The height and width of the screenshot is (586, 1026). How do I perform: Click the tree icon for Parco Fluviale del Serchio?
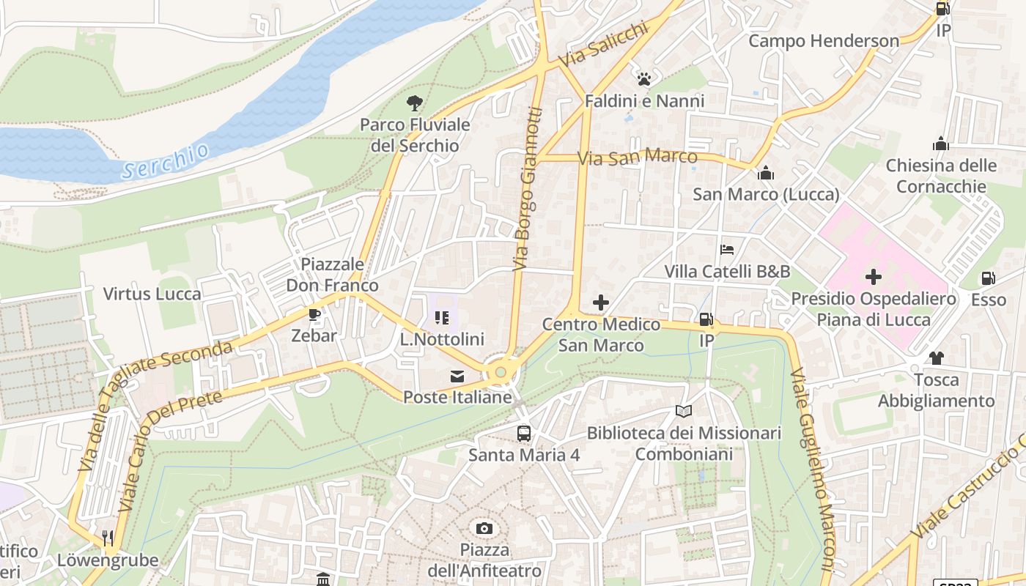click(x=415, y=103)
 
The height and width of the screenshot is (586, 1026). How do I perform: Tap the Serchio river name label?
click(x=166, y=161)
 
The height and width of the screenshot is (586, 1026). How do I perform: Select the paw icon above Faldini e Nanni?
click(x=644, y=78)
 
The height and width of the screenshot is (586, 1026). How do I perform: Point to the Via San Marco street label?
click(x=637, y=157)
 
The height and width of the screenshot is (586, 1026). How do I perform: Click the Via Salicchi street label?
click(x=603, y=44)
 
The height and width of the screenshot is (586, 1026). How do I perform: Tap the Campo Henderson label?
click(x=823, y=41)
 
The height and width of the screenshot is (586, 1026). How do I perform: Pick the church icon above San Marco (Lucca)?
click(x=766, y=173)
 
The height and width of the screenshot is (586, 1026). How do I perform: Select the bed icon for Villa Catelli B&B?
click(x=727, y=250)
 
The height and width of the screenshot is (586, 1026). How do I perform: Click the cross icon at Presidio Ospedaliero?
click(x=873, y=277)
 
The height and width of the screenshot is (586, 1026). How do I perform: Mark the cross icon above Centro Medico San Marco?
click(x=601, y=302)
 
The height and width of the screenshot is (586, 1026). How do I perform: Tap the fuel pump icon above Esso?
click(x=988, y=278)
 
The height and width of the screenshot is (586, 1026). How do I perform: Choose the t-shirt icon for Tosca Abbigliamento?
click(x=936, y=358)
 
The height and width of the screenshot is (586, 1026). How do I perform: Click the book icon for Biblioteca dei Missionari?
click(x=683, y=412)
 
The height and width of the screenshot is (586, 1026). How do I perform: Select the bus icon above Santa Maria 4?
click(x=524, y=433)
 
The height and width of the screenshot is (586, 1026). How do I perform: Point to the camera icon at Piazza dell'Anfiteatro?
click(x=484, y=528)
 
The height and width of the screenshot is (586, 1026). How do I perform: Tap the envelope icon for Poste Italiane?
click(x=457, y=377)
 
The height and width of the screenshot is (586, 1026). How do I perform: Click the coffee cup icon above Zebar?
click(x=314, y=315)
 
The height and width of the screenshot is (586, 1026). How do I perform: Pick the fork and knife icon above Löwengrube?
click(x=108, y=538)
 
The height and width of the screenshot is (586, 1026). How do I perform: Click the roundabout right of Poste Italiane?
click(x=501, y=372)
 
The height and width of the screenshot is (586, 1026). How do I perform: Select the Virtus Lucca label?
click(x=152, y=294)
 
